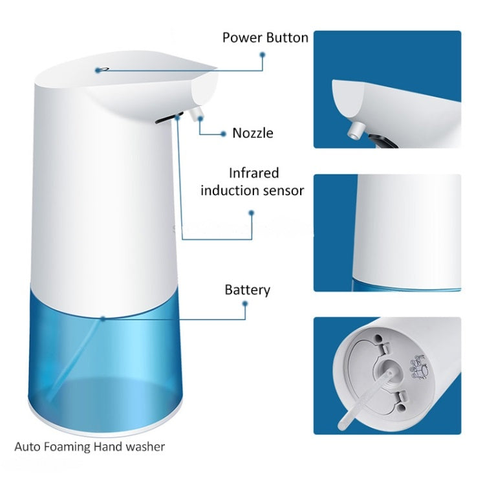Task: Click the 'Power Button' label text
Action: tap(265, 37)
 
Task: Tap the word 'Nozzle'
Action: tap(253, 133)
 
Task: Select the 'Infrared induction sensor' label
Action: tap(252, 182)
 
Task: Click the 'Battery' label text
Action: tap(247, 290)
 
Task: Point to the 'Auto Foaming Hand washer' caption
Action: tap(90, 446)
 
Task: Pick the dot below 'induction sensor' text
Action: tap(252, 211)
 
